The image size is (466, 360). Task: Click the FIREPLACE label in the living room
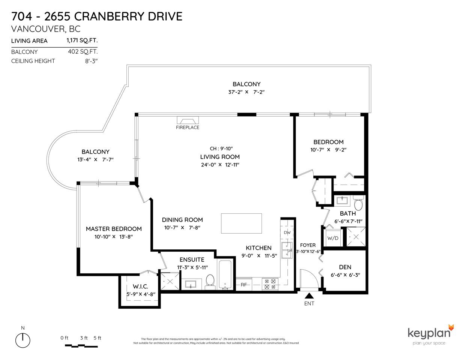coord(188,127)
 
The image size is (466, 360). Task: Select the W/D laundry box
coord(332,238)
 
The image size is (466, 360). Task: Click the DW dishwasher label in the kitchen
coord(287,232)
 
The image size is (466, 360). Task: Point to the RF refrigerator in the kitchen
coord(244,285)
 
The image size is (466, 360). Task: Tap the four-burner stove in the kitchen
coord(270,284)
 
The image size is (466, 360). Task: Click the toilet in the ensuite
coord(210,282)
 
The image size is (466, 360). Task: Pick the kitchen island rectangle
coord(241,223)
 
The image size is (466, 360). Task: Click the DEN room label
coord(345,267)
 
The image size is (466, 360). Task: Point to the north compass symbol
coord(23,340)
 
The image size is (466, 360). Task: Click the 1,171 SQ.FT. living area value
coord(81,40)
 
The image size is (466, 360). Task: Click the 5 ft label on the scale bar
coord(97,338)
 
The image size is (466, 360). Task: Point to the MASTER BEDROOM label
coord(114,229)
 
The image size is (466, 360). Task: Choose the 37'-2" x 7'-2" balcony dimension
coord(246,92)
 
